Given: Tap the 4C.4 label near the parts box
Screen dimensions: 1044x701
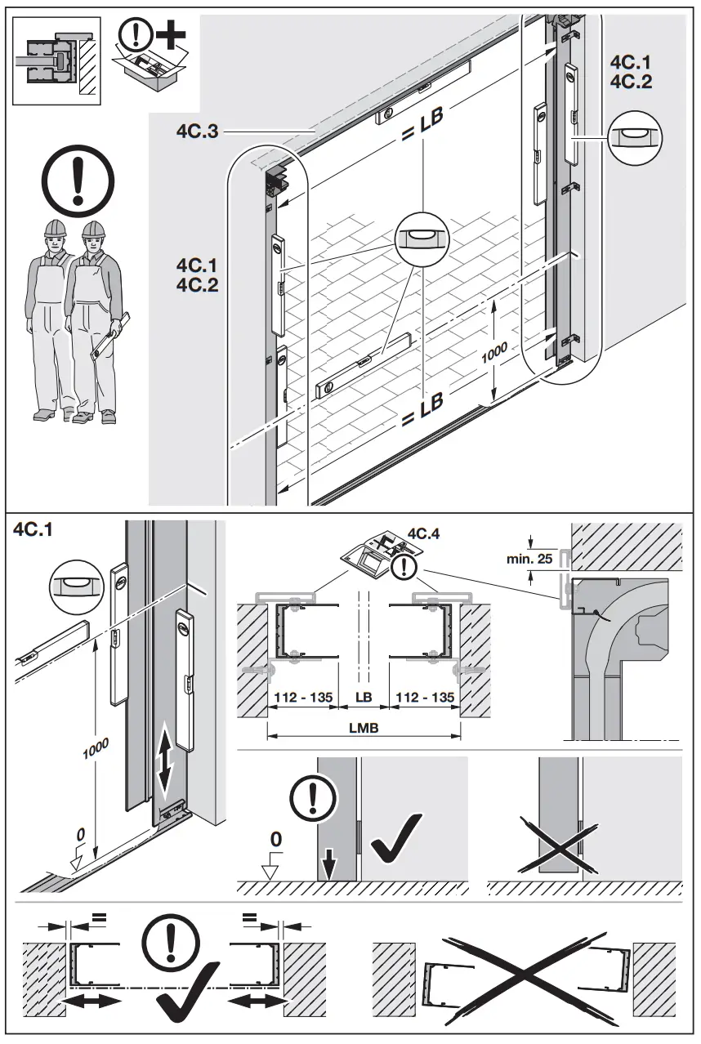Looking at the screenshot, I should (424, 534).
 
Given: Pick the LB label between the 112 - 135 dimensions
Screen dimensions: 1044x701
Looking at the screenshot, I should (364, 697).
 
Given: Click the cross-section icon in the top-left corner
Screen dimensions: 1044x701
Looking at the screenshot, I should (54, 59).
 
